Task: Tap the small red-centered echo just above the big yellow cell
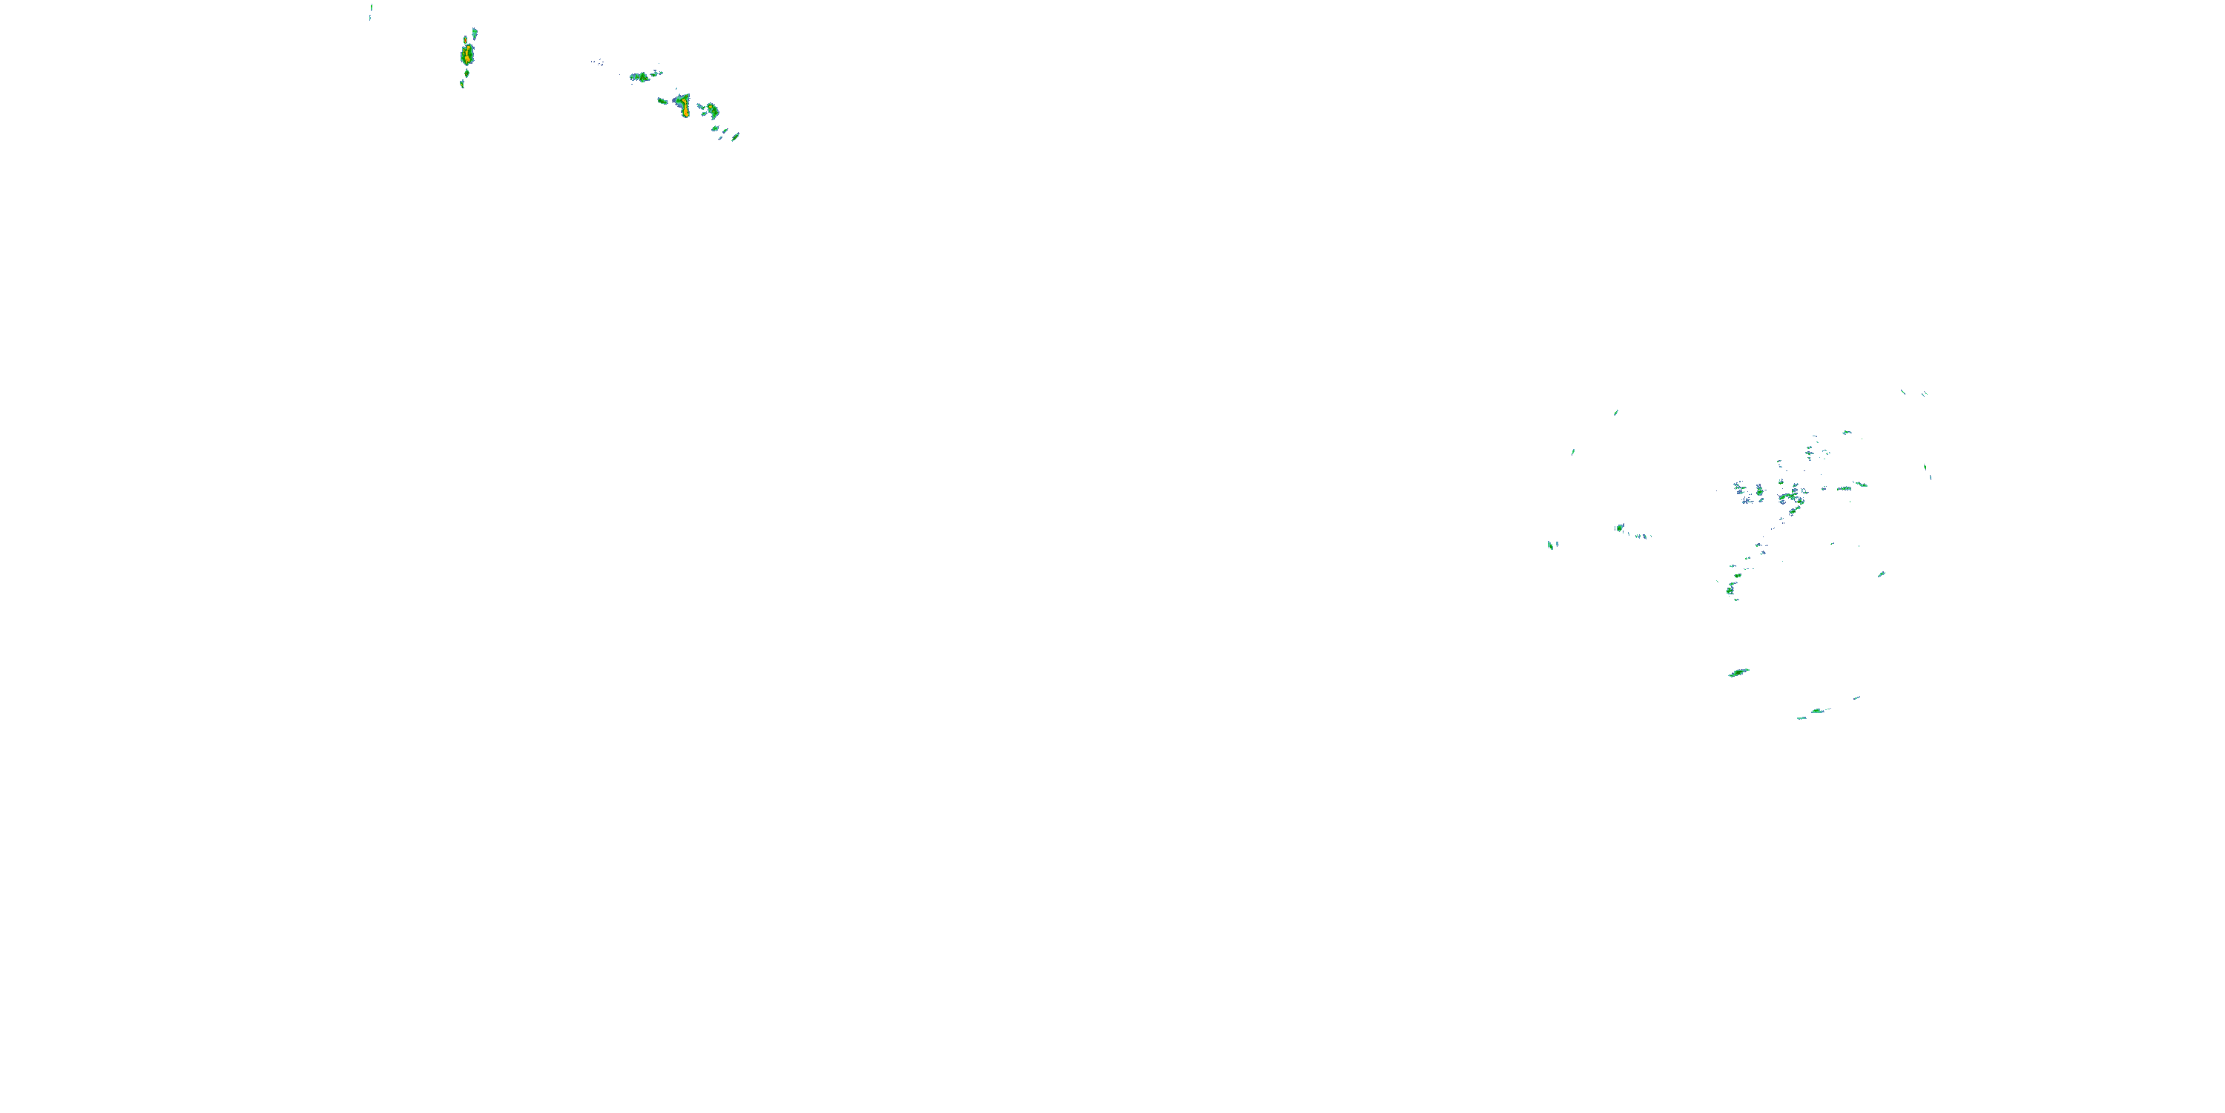pyautogui.click(x=467, y=40)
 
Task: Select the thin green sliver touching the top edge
pyautogui.click(x=371, y=10)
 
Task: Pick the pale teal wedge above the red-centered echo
pyautogui.click(x=474, y=33)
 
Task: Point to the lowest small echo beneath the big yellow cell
pyautogui.click(x=462, y=84)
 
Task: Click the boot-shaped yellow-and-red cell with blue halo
pyautogui.click(x=684, y=105)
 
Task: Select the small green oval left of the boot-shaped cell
pyautogui.click(x=662, y=101)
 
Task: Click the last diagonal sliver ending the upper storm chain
pyautogui.click(x=735, y=136)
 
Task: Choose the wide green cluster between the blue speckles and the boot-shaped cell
pyautogui.click(x=641, y=77)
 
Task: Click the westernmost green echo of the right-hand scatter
pyautogui.click(x=1552, y=545)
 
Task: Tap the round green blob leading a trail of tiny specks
pyautogui.click(x=1620, y=527)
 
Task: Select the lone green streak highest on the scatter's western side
pyautogui.click(x=1615, y=413)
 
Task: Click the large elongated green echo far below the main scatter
pyautogui.click(x=1738, y=672)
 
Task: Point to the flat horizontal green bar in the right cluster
pyautogui.click(x=1859, y=484)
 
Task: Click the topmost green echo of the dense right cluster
pyautogui.click(x=1846, y=432)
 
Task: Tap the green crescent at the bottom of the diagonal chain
pyautogui.click(x=1731, y=589)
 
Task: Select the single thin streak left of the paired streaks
pyautogui.click(x=1903, y=392)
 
